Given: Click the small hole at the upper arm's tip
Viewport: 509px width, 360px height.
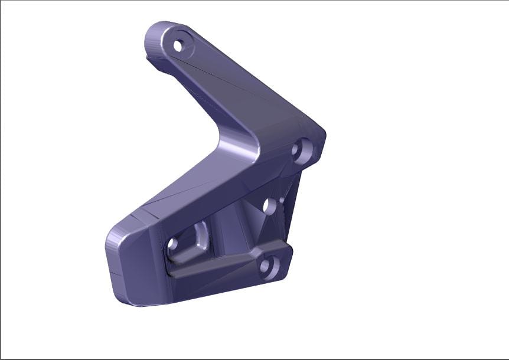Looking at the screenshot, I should [178, 45].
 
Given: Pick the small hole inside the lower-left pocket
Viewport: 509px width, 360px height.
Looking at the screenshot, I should [172, 243].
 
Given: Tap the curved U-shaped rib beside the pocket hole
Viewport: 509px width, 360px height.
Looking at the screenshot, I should [202, 236].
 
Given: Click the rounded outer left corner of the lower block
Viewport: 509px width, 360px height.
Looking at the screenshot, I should [115, 236].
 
